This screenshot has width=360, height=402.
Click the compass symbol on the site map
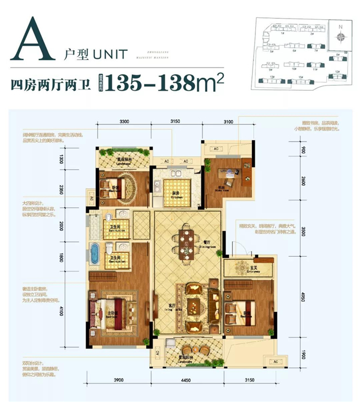[x=340, y=38]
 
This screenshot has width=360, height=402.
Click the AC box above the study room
[x=214, y=149]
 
